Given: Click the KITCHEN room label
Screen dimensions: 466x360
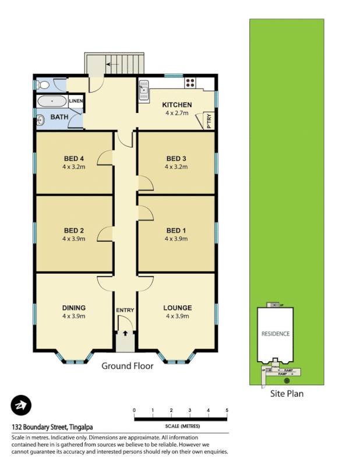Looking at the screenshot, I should [x=177, y=105].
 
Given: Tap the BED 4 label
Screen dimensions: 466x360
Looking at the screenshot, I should [x=74, y=158].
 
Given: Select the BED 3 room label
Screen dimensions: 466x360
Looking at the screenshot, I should [x=176, y=158].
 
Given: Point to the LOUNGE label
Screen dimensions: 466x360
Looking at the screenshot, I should [x=177, y=308].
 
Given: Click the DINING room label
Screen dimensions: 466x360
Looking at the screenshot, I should [x=74, y=308].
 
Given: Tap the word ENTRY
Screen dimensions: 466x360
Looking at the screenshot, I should [x=125, y=310].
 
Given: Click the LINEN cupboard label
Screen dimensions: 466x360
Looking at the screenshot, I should [x=76, y=101].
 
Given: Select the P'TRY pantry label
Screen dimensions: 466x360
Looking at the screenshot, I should [x=209, y=121].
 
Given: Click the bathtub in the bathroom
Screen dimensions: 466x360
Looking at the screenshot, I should [x=52, y=101].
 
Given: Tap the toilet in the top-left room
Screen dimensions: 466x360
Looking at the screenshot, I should [x=42, y=85].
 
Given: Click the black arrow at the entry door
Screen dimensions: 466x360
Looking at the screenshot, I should [x=125, y=333].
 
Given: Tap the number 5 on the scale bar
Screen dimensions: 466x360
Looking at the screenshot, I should [x=227, y=411].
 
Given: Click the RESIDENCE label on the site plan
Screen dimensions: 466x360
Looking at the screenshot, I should [x=276, y=334].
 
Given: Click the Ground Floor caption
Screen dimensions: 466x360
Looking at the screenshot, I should [x=128, y=366].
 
